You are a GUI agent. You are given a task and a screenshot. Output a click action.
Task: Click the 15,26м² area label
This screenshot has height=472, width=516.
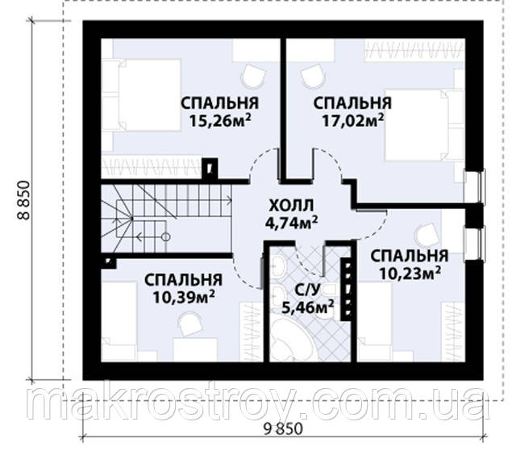pyautogui.click(x=220, y=121)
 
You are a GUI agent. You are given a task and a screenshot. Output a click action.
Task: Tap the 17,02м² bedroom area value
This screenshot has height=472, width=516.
pyautogui.click(x=352, y=121)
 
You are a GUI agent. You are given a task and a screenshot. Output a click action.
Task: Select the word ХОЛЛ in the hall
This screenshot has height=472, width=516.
pyautogui.click(x=291, y=206)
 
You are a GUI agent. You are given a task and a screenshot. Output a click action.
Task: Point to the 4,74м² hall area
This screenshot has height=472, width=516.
pyautogui.click(x=291, y=223)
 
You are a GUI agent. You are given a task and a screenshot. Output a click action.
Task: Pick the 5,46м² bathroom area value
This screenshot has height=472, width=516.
pyautogui.click(x=308, y=307)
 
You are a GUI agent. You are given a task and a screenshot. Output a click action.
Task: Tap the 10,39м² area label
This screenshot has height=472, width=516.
pyautogui.click(x=184, y=298)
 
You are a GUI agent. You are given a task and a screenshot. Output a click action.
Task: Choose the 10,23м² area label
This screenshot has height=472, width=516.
pyautogui.click(x=410, y=273)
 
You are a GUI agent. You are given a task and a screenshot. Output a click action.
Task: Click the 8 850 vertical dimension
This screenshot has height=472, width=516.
pyautogui.click(x=23, y=200)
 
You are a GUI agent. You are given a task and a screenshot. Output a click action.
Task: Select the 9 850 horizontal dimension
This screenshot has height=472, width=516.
pyautogui.click(x=283, y=429)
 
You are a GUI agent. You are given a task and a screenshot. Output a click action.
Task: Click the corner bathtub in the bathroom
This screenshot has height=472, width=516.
pyautogui.click(x=291, y=339)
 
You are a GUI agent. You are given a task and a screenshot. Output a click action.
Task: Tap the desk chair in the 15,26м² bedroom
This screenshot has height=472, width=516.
pyautogui.click(x=253, y=75)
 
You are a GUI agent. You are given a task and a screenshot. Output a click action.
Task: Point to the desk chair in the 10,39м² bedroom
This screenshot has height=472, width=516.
pyautogui.click(x=190, y=324)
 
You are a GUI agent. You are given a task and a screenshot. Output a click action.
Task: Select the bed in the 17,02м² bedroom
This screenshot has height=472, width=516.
pyautogui.click(x=425, y=125)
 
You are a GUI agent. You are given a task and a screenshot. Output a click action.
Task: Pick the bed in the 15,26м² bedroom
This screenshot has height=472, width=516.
pyautogui.click(x=142, y=95)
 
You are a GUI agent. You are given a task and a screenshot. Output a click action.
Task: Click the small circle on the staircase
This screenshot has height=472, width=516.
pyautogui.click(x=166, y=237)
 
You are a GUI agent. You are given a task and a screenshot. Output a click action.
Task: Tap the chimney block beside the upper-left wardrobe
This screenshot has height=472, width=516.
pyautogui.click(x=210, y=169)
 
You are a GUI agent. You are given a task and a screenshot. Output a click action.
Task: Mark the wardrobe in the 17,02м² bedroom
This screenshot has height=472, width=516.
pyautogui.click(x=414, y=50)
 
